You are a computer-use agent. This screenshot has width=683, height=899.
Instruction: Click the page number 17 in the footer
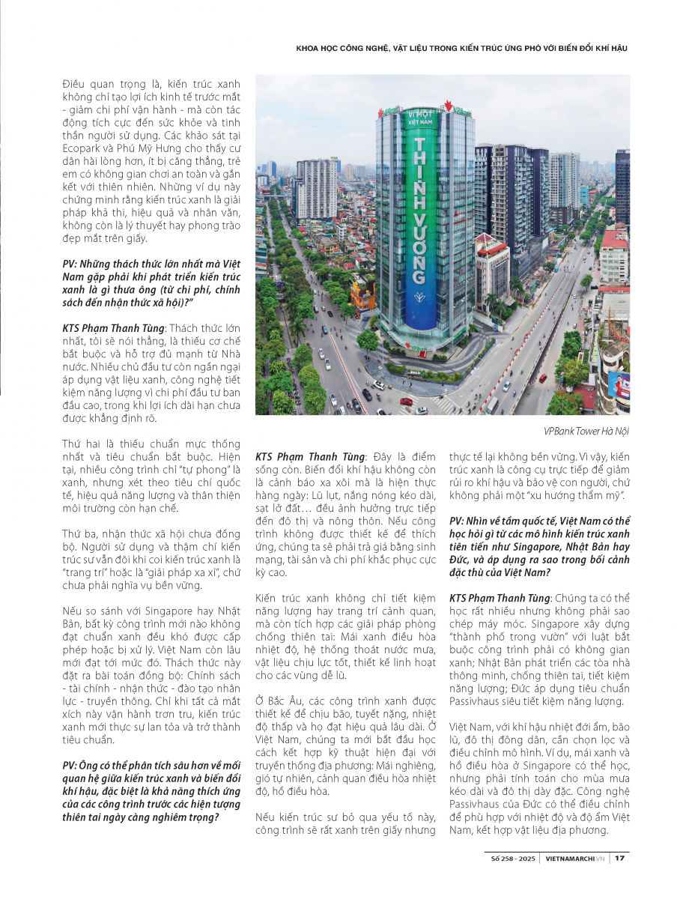click(x=619, y=858)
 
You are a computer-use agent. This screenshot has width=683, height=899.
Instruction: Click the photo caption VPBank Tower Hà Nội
click(x=586, y=431)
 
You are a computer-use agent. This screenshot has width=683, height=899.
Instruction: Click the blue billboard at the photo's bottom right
click(x=619, y=384)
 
